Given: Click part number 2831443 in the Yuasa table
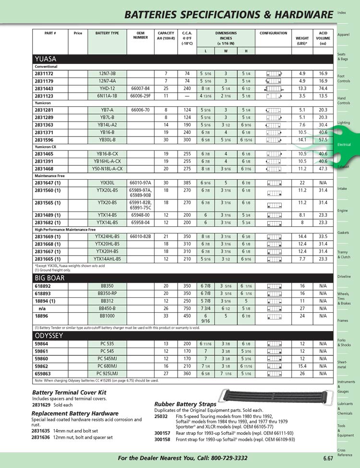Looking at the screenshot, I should (x=44, y=89).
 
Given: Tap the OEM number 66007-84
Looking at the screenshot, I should (x=140, y=89).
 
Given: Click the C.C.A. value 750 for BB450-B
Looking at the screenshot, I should (x=187, y=308).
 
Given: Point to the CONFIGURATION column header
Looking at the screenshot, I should (x=273, y=33).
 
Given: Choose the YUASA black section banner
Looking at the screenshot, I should (x=182, y=59).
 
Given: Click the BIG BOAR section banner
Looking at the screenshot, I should (x=182, y=278).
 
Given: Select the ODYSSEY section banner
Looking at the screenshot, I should (x=182, y=336).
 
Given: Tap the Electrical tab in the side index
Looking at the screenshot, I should (x=344, y=145).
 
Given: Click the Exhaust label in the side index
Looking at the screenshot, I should (x=343, y=167).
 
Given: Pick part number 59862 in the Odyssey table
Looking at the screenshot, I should (x=42, y=366).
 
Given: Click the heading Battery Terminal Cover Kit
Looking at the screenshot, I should (x=69, y=393).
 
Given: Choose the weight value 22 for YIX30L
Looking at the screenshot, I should (x=302, y=183).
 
